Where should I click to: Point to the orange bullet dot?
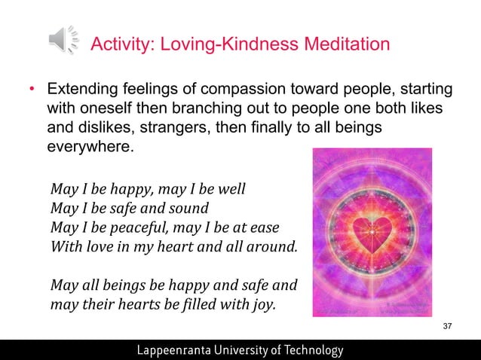tap(31, 90)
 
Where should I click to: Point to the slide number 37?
tap(448, 325)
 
